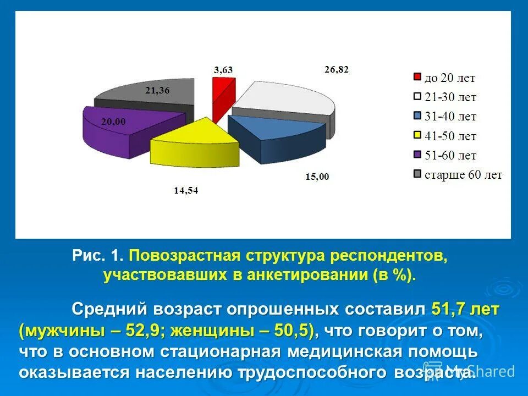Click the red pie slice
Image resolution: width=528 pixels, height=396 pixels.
pyautogui.click(x=220, y=96)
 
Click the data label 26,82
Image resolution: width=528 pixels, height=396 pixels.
pyautogui.click(x=337, y=69)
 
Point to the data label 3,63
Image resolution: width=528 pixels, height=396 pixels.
pyautogui.click(x=223, y=69)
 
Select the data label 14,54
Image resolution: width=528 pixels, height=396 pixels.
pyautogui.click(x=185, y=191)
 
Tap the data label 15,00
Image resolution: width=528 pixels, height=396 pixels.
pyautogui.click(x=317, y=177)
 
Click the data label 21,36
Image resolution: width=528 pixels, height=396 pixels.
pyautogui.click(x=157, y=91)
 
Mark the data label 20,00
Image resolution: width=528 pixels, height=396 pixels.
pyautogui.click(x=113, y=122)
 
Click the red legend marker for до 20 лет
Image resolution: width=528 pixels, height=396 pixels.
pyautogui.click(x=417, y=78)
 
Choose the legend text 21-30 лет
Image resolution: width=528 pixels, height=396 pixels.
pyautogui.click(x=450, y=97)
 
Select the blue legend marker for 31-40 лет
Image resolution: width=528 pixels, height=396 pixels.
pyautogui.click(x=417, y=117)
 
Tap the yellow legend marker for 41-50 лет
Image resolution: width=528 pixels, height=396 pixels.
pyautogui.click(x=417, y=136)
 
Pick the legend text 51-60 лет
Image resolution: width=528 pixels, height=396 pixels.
pyautogui.click(x=450, y=156)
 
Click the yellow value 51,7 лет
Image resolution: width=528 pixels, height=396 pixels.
pyautogui.click(x=465, y=310)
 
